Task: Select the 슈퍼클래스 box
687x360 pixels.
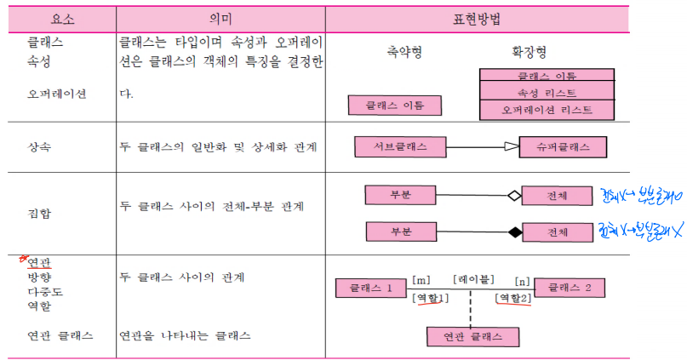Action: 563,147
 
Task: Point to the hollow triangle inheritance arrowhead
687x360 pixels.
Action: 510,147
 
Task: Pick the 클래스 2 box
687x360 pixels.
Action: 570,289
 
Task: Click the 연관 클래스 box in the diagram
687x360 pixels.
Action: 472,337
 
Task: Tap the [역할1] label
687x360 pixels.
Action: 430,298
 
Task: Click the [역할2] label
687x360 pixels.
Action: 513,298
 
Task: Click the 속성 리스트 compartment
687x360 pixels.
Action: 547,92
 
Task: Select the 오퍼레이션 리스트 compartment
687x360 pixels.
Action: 547,110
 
